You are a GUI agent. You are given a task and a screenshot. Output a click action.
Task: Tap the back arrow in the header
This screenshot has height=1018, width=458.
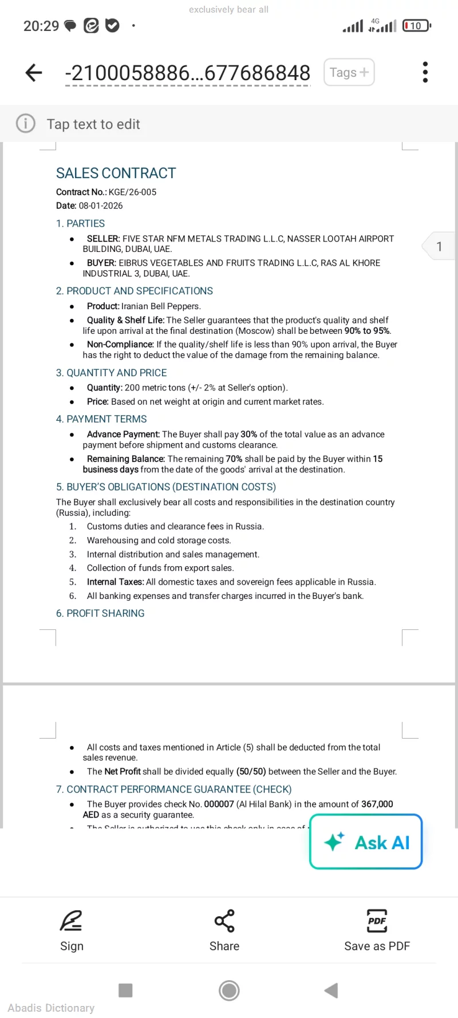point(34,73)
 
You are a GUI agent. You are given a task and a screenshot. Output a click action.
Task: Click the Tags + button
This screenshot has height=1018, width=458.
point(349,73)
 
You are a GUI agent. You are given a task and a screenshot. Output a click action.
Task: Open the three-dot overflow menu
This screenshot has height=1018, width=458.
point(425,73)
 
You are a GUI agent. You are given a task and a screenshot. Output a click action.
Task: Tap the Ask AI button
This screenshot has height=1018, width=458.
point(366,842)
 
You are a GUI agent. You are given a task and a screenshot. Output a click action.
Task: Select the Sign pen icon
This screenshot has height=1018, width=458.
point(72,921)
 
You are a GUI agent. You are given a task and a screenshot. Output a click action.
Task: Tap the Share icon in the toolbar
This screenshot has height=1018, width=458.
point(224,921)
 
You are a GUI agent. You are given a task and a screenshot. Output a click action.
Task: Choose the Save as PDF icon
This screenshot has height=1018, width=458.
point(377,921)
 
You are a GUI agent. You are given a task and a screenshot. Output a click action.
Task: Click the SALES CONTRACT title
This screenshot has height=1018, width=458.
point(116,173)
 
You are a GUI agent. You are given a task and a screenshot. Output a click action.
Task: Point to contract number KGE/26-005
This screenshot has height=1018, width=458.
point(132,192)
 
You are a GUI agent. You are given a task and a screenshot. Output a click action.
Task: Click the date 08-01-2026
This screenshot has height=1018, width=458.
point(101,206)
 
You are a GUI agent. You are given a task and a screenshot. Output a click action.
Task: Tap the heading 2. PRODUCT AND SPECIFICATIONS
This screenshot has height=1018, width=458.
point(134,291)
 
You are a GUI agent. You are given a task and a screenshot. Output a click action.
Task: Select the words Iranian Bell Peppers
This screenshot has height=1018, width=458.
point(160,306)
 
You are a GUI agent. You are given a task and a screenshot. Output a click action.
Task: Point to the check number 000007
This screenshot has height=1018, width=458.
point(219,804)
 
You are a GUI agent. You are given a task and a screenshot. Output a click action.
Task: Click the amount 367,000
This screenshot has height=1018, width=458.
point(377,804)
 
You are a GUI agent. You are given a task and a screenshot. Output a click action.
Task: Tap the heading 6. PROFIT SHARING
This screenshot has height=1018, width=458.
point(100,613)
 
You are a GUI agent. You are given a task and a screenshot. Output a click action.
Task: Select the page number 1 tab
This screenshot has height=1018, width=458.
point(439,246)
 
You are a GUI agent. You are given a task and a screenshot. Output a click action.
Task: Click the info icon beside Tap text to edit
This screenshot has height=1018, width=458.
point(26,124)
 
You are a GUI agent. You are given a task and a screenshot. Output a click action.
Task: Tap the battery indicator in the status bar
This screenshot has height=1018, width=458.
point(416,26)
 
